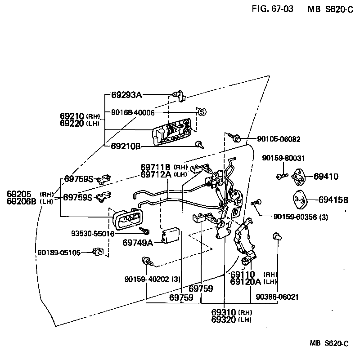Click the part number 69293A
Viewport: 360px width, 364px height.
pyautogui.click(x=126, y=95)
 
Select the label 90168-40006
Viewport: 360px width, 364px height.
pyautogui.click(x=133, y=112)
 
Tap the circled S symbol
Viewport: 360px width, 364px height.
pyautogui.click(x=202, y=111)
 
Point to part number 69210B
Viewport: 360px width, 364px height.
pyautogui.click(x=126, y=146)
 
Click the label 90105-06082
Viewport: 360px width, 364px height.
pyautogui.click(x=279, y=139)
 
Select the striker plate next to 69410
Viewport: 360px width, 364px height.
pyautogui.click(x=299, y=177)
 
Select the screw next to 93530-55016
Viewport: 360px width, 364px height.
pyautogui.click(x=145, y=230)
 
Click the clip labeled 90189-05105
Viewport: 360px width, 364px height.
pyautogui.click(x=98, y=252)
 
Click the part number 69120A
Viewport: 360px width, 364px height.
pyautogui.click(x=246, y=282)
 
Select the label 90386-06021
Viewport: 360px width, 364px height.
pyautogui.click(x=277, y=297)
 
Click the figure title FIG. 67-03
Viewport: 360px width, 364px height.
pyautogui.click(x=273, y=9)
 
